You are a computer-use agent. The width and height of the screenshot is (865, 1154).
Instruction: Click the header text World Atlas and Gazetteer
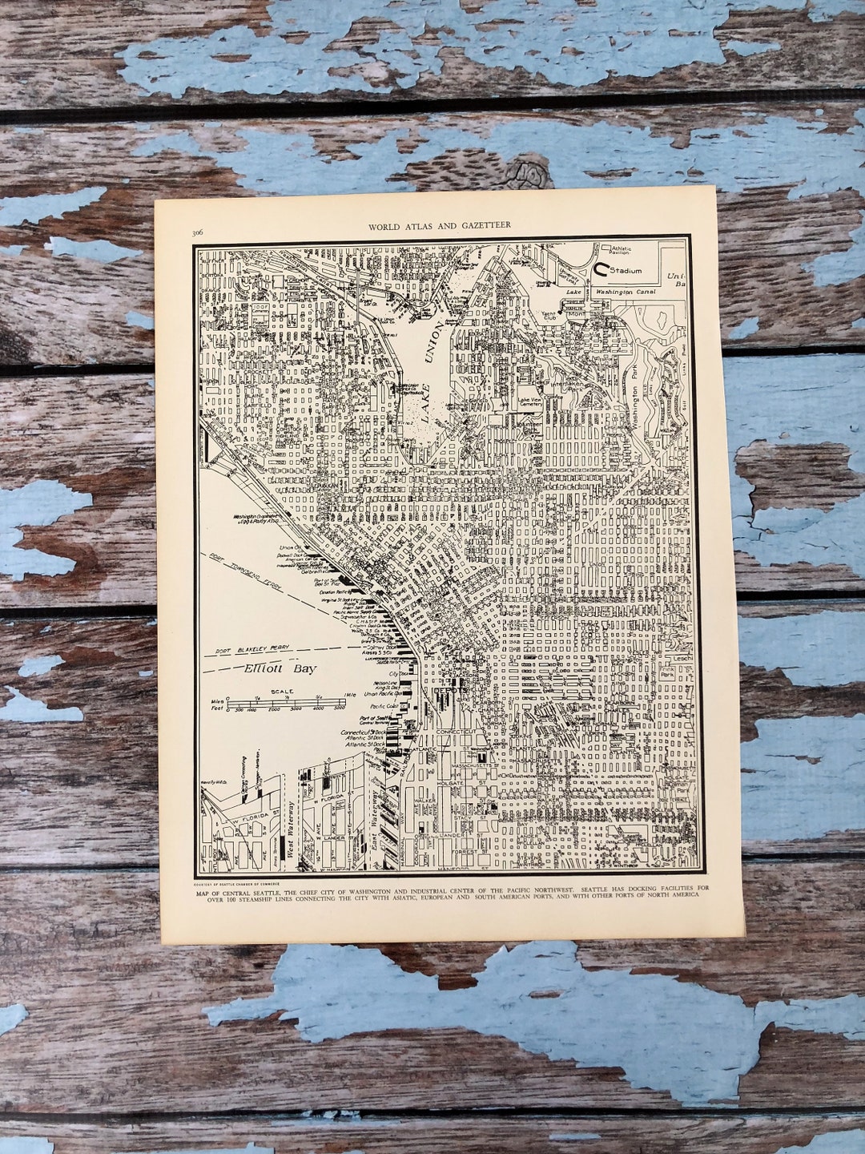tap(439, 226)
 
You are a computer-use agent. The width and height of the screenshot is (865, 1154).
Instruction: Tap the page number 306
tap(197, 232)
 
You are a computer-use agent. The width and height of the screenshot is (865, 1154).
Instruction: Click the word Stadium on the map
tap(626, 271)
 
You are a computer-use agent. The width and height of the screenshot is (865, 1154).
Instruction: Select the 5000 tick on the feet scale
tap(339, 709)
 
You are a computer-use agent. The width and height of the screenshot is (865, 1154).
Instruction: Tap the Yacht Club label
tap(549, 315)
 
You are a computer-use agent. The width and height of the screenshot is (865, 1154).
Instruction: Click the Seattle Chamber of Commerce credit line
tap(245, 882)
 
